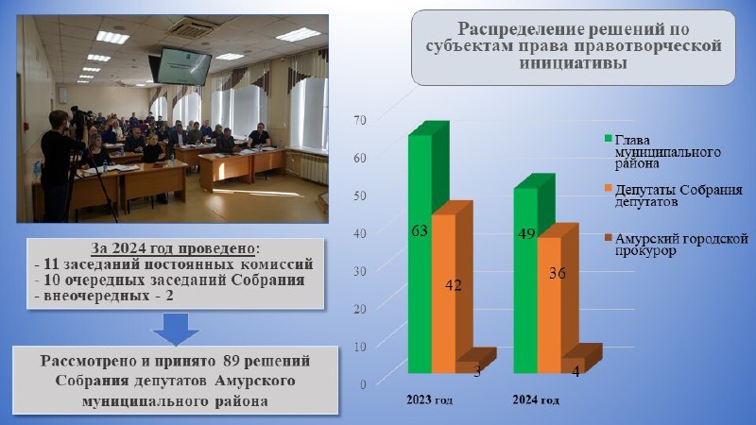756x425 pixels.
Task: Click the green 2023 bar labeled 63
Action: point(421,254)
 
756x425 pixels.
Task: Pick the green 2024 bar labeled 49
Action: point(525,280)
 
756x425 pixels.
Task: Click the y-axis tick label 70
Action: point(360,120)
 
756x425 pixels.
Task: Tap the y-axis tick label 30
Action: point(360,271)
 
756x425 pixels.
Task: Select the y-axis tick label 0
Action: point(363,384)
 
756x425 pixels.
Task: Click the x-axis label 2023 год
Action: point(430,399)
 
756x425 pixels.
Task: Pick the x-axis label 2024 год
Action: point(536,399)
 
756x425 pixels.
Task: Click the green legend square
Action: point(608,139)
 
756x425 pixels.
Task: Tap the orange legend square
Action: point(608,188)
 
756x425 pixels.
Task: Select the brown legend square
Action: point(608,238)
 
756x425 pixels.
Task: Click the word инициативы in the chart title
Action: point(574,63)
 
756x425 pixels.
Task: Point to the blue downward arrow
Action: point(176,329)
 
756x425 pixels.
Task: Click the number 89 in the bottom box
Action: point(232,361)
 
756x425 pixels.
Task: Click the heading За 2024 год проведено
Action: point(173,248)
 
